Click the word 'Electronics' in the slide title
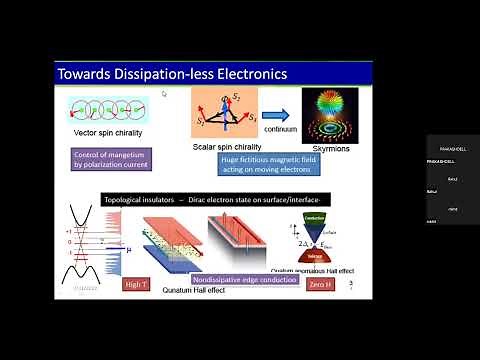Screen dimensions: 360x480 (249, 73)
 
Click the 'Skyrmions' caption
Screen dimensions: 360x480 (335, 146)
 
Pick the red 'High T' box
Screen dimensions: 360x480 (136, 285)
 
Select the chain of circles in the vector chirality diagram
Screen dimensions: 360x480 (111, 107)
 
